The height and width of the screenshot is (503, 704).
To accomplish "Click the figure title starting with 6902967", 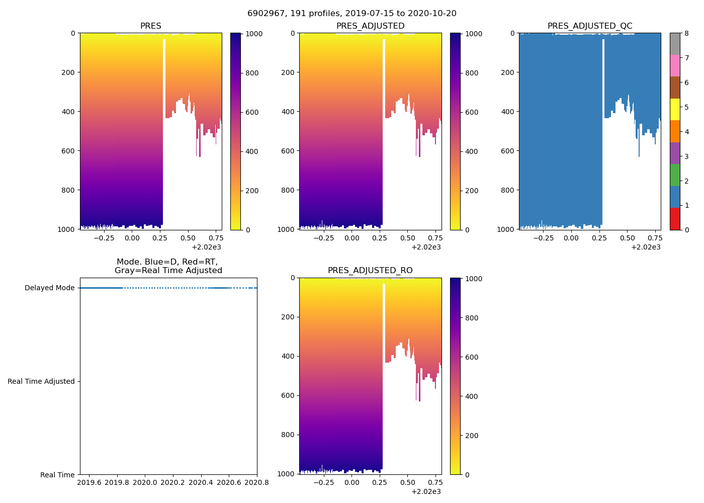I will (351, 14).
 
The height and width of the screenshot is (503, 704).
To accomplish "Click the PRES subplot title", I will (150, 26).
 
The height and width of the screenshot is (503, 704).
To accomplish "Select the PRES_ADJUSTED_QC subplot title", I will (589, 26).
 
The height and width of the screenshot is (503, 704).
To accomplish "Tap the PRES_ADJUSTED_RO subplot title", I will (370, 271).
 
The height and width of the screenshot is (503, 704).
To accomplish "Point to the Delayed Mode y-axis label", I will (49, 288).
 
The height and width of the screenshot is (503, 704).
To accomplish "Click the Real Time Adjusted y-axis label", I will (41, 381).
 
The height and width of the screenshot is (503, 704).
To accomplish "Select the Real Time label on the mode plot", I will (57, 475).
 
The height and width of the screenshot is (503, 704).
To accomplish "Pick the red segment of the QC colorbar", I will (675, 219).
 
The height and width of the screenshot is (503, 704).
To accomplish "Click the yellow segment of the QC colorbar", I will (675, 109).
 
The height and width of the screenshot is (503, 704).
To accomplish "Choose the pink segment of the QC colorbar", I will (675, 65).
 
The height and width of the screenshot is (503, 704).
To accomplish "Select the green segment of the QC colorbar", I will (675, 175).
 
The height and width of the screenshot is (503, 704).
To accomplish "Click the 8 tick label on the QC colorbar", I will (686, 34).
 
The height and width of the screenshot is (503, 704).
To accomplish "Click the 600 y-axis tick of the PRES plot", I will (69, 151).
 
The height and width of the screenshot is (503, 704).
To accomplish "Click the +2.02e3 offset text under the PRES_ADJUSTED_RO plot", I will (426, 491).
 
